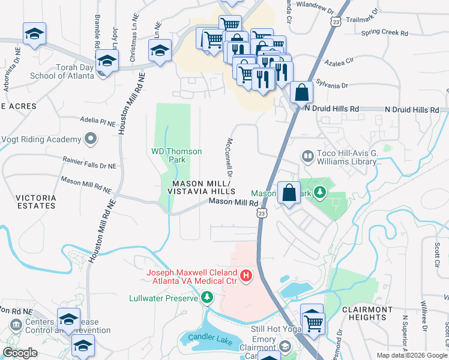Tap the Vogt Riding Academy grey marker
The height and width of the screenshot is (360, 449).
(91, 139)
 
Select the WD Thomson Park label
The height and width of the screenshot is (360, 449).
(176, 156)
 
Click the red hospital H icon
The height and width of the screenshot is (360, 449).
(246, 276)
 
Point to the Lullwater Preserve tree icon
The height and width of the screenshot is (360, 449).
(207, 298)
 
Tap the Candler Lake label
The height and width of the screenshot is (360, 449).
(215, 341)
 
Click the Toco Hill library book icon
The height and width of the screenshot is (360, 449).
(307, 157)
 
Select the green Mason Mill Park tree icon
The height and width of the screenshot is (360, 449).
(321, 193)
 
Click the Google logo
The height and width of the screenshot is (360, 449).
(20, 353)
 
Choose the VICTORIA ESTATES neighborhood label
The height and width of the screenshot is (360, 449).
(35, 202)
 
